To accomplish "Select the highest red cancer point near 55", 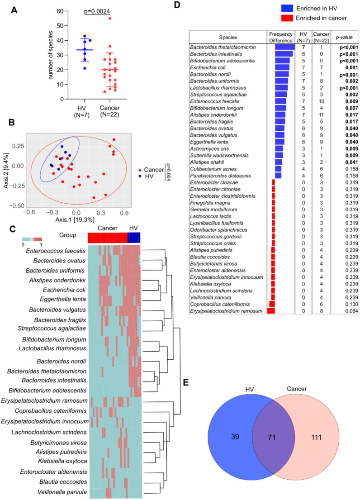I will [x=109, y=18].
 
